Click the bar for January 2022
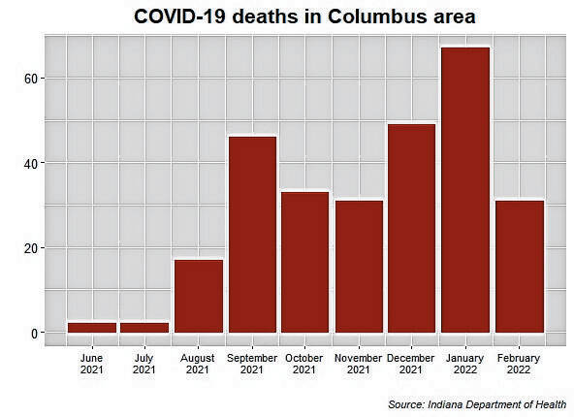(464, 190)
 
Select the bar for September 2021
(251, 235)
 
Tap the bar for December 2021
(411, 228)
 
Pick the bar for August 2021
(198, 296)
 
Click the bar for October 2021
(304, 262)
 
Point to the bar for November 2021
(358, 267)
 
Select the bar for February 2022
(518, 267)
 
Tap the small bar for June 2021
(92, 328)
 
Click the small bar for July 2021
(144, 328)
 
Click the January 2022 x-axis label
(464, 363)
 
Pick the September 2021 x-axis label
(251, 363)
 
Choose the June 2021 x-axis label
(92, 363)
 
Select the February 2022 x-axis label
(518, 363)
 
